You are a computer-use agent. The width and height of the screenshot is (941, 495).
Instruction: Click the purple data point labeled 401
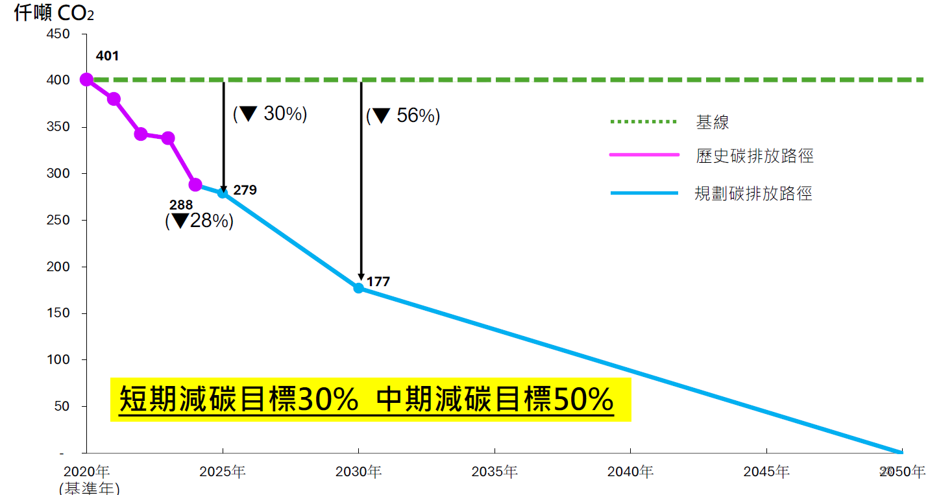(86, 80)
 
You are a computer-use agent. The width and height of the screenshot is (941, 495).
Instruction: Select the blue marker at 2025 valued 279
(223, 193)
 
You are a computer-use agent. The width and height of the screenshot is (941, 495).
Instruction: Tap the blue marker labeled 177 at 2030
(358, 287)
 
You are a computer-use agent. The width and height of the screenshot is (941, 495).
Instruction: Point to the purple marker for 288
(195, 185)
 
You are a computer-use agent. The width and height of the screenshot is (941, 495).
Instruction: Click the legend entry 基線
(713, 122)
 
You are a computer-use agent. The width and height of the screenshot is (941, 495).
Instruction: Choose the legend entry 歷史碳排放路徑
(755, 156)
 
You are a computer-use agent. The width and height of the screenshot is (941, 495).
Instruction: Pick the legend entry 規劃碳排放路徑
(753, 193)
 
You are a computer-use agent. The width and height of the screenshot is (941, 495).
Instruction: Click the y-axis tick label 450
(58, 34)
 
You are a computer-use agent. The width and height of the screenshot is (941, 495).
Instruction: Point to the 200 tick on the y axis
(58, 267)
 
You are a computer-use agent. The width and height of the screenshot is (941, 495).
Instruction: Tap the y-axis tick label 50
(62, 406)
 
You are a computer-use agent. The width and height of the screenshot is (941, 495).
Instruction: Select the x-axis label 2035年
(495, 472)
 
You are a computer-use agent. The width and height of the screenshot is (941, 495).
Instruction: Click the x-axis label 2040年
(630, 472)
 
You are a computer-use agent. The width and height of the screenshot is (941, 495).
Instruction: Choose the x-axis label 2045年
(766, 472)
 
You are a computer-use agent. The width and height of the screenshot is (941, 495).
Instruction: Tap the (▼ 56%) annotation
(403, 116)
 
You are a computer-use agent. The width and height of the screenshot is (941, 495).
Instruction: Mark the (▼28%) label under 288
(199, 221)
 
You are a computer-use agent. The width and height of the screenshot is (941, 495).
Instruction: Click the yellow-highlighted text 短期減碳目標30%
(239, 400)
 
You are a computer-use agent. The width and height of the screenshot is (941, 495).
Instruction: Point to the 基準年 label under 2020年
(89, 488)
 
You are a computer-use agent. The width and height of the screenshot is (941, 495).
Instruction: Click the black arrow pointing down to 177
(361, 195)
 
